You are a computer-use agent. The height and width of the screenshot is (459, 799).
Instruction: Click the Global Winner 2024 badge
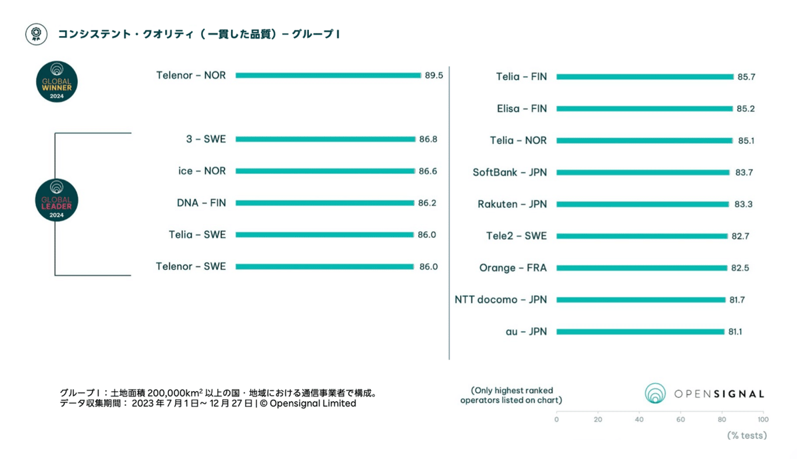pos(57,81)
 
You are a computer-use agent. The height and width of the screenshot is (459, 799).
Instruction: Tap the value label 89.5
pos(434,76)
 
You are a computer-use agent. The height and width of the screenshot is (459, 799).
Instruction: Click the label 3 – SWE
pos(206,139)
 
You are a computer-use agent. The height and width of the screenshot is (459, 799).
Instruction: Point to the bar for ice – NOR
pos(325,171)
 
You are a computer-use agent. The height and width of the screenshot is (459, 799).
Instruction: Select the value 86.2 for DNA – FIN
pos(427,203)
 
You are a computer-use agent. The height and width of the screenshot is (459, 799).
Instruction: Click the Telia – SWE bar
pos(324,234)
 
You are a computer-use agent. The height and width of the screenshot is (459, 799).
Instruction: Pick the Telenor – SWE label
pos(190,266)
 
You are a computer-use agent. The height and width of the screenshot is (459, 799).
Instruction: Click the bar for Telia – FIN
pos(645,77)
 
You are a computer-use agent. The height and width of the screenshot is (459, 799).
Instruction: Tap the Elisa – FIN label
pos(522,109)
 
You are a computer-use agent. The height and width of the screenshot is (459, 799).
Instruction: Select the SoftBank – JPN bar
pos(643,173)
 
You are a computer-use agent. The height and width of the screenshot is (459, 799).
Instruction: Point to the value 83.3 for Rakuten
pos(744,205)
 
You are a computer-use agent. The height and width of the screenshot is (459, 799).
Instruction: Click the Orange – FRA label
pos(513,268)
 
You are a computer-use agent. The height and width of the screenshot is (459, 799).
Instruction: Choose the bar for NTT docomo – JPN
pos(641,300)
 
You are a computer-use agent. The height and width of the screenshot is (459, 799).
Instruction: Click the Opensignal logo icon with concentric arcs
pos(655,394)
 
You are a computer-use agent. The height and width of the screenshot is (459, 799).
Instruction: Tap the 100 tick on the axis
pos(762,420)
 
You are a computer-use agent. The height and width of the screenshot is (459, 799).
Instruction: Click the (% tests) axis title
pos(746,436)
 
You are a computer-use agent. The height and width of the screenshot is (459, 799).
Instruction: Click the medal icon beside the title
pos(36,34)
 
